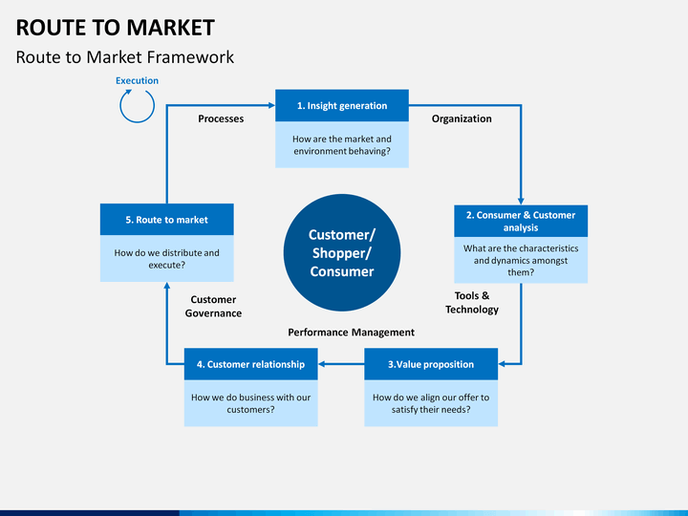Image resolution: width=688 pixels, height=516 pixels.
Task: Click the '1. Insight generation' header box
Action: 342,105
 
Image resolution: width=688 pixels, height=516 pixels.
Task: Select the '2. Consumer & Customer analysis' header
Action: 521,221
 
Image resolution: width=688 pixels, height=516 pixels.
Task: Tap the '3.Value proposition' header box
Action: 431,364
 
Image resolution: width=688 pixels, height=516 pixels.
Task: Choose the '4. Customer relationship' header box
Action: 250,364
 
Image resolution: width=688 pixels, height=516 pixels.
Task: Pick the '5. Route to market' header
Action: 166,220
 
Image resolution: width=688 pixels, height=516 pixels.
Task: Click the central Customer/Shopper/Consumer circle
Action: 342,252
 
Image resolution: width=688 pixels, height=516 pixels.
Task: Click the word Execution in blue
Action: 137,80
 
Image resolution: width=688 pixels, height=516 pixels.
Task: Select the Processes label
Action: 221,118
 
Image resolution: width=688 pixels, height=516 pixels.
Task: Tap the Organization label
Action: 462,118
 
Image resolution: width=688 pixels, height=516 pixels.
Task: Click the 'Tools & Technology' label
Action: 472,302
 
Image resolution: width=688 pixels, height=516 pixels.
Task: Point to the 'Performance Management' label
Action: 351,333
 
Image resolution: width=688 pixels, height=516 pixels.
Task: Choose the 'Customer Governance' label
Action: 213,307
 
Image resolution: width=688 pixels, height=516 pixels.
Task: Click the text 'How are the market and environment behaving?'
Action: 342,145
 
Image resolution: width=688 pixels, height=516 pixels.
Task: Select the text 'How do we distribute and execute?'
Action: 166,259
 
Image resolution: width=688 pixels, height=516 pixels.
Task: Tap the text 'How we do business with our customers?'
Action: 250,403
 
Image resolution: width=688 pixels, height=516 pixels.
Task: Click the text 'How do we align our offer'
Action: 431,398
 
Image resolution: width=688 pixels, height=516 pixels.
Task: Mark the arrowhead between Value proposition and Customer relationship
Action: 321,364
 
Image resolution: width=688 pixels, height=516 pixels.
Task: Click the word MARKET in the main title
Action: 171,28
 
